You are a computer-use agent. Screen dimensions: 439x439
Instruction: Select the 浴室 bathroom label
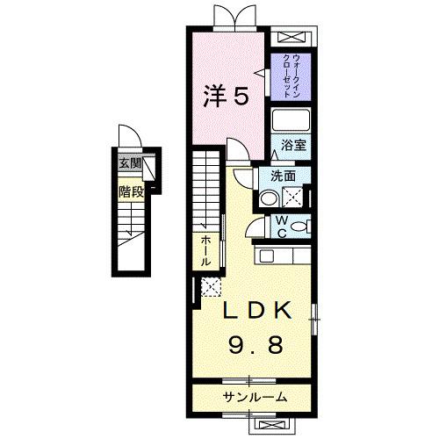292,146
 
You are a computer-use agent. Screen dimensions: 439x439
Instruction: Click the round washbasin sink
268,196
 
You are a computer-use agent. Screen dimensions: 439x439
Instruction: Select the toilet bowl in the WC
299,227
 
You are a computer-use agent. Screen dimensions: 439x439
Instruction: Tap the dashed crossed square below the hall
210,285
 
